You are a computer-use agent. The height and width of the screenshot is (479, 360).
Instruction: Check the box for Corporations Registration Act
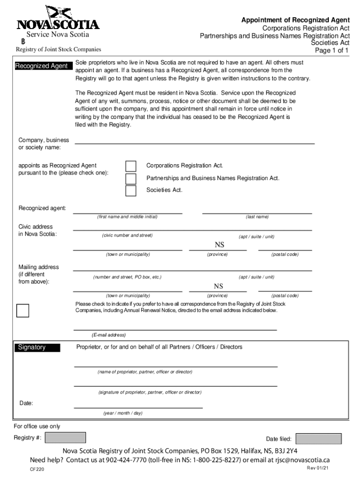coord(131,167)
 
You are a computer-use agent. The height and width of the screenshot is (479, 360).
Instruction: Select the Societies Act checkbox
coord(131,191)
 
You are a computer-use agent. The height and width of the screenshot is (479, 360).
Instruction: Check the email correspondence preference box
coord(22,311)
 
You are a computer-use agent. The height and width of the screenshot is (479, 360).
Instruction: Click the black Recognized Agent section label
coord(42,66)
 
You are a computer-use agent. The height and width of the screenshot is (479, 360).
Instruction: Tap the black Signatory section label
coord(37,348)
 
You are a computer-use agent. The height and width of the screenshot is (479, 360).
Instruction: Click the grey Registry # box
coord(68,438)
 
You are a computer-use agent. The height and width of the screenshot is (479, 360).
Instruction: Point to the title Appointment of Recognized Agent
coord(295,20)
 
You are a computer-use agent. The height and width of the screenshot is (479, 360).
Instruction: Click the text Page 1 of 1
coord(332,51)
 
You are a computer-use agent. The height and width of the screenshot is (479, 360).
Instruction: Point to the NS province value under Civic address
coord(219,245)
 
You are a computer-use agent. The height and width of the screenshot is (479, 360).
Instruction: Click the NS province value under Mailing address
coord(218,286)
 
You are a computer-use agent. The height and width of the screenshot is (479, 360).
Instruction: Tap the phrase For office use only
coord(37,426)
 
